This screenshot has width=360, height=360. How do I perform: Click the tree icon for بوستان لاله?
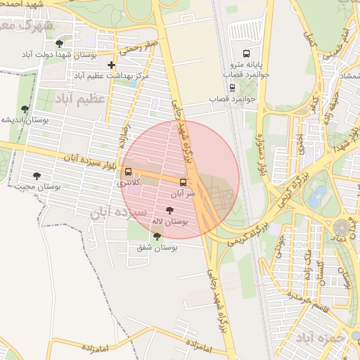[169, 210]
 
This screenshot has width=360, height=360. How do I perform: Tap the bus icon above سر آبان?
[184, 181]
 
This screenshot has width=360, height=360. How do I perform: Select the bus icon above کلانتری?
[127, 172]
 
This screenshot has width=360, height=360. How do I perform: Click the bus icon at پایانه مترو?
[246, 54]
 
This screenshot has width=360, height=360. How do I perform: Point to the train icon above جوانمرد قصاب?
[233, 89]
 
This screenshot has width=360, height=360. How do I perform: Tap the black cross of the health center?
[111, 65]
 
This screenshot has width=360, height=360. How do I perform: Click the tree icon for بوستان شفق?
[157, 236]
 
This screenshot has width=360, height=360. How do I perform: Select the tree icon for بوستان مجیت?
[37, 176]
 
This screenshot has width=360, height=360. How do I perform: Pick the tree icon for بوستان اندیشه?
[25, 109]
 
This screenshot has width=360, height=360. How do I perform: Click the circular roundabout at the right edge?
[342, 229]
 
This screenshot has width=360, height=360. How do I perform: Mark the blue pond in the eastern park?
[320, 193]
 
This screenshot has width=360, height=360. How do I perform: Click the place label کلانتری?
[129, 183]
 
